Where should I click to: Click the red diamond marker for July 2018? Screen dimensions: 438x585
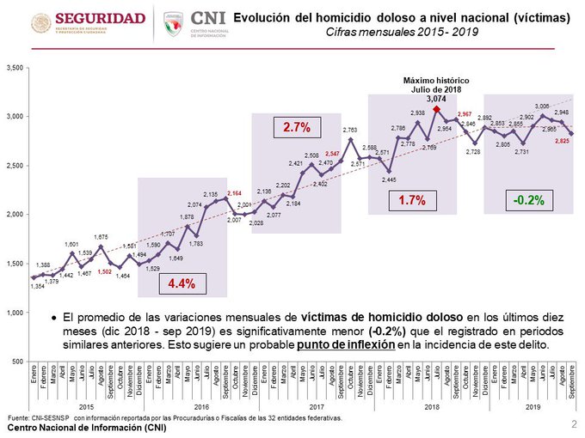(x=438, y=109)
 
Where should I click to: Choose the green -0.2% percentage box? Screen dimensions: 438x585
(x=526, y=201)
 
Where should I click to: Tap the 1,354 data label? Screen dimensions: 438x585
(x=36, y=286)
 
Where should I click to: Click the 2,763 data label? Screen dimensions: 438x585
(x=350, y=130)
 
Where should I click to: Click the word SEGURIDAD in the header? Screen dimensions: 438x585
(x=101, y=17)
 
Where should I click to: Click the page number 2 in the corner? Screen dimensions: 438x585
(x=573, y=424)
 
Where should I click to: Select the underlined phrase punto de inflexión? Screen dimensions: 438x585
(x=342, y=345)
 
